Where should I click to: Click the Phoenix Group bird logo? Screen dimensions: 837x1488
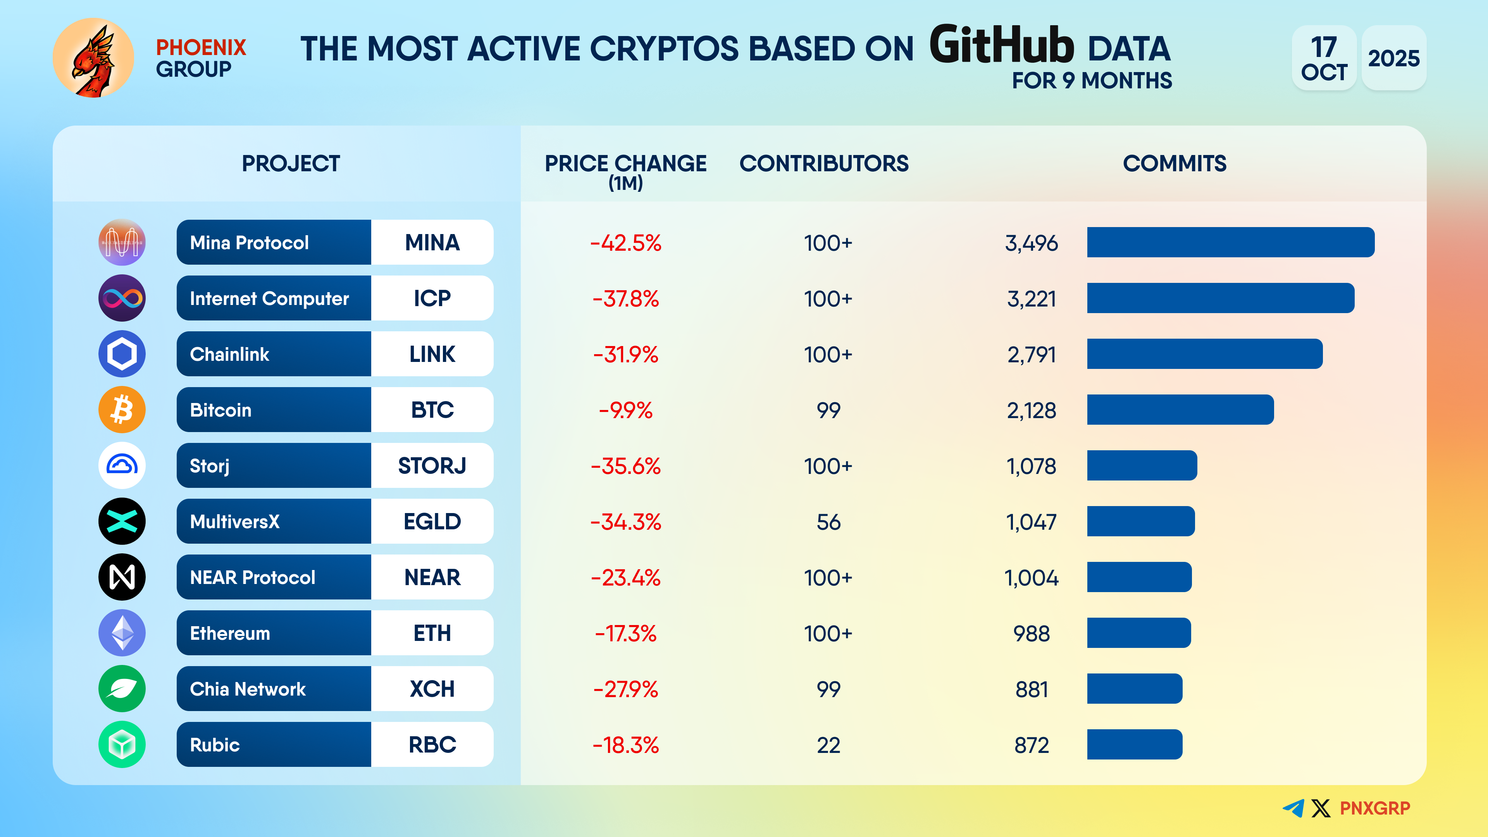(93, 58)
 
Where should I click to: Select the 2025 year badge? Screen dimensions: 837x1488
(1393, 58)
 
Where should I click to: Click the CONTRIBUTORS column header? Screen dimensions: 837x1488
(824, 164)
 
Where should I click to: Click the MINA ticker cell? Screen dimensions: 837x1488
(432, 243)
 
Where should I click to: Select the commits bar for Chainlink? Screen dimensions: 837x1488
(1204, 353)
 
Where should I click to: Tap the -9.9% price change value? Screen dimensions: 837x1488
(625, 410)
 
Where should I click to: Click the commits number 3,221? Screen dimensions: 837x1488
(1032, 299)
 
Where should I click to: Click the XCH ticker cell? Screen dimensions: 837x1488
(432, 689)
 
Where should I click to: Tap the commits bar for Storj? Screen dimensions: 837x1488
(1142, 465)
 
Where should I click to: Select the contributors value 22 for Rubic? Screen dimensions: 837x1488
(828, 745)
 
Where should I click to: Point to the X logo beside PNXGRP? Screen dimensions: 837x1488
(1321, 808)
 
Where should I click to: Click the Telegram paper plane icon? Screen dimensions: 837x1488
(1293, 808)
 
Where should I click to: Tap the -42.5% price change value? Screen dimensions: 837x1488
(625, 243)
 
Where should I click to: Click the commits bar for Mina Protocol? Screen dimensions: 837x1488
(1230, 242)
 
